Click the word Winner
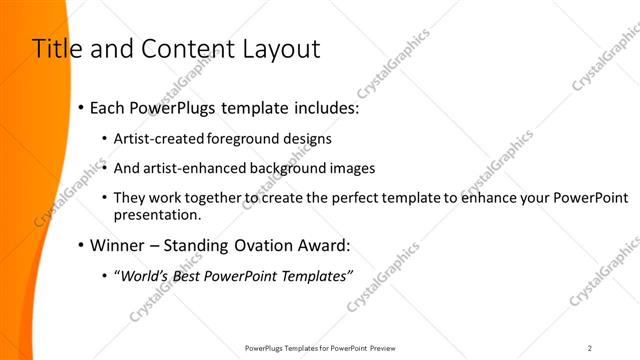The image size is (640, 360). pyautogui.click(x=117, y=246)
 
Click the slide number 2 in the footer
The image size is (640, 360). pyautogui.click(x=590, y=348)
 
